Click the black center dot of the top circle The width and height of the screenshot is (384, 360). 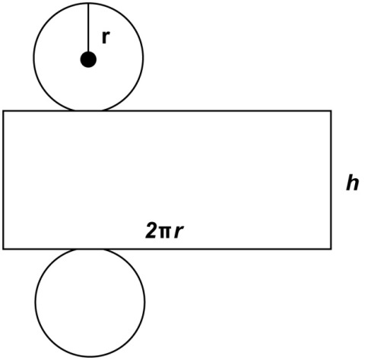[88, 59]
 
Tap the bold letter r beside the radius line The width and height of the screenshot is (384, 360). [106, 37]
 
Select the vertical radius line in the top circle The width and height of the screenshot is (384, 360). [88, 27]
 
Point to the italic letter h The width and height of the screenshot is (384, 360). [353, 183]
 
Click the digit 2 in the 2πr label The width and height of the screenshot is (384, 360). [151, 231]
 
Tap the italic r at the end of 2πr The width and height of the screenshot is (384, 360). [179, 232]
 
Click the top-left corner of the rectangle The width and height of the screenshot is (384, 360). [3, 111]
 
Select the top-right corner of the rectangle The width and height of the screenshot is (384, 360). [331, 111]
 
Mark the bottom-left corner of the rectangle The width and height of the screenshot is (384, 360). [3, 249]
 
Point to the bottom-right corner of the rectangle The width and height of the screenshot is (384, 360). [331, 249]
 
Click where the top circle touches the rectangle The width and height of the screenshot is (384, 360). [88, 111]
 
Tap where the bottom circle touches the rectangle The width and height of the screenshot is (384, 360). [90, 249]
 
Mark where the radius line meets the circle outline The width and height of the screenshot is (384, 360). [88, 3]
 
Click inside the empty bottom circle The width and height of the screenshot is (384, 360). [90, 302]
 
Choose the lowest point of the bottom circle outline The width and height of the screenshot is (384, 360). [90, 356]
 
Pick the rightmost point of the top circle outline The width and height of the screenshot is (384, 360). [143, 57]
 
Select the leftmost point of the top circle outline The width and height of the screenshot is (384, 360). [34, 57]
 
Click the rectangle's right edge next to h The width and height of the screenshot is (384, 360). [331, 180]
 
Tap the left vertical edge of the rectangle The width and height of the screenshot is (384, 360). [3, 180]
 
